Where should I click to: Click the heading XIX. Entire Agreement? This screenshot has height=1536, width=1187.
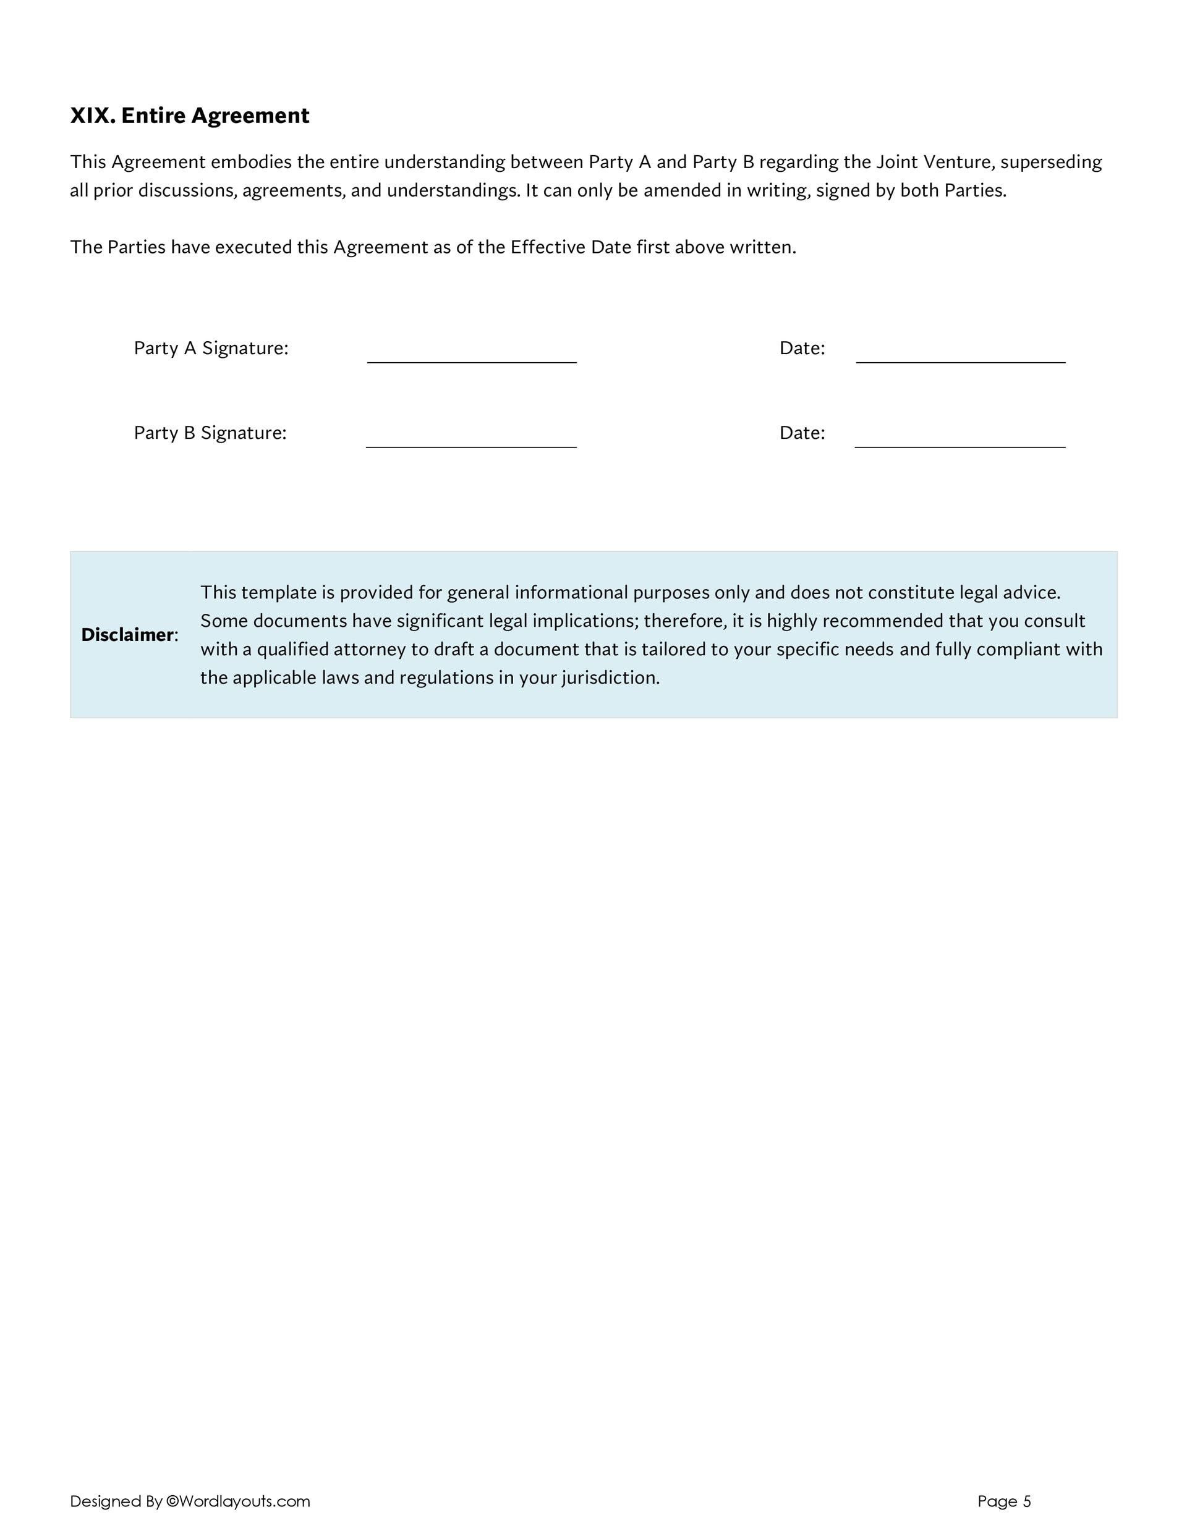(x=189, y=116)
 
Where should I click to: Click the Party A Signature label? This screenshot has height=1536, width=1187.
(x=211, y=348)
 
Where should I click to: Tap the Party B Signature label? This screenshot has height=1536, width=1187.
(x=210, y=433)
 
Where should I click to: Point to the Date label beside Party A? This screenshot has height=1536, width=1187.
(x=802, y=348)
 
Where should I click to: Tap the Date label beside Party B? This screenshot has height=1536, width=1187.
(x=802, y=433)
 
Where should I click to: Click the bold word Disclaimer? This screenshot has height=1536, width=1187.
(x=127, y=635)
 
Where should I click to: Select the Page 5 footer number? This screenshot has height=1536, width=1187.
(x=1004, y=1501)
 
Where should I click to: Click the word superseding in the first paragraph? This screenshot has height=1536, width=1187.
(x=1051, y=163)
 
